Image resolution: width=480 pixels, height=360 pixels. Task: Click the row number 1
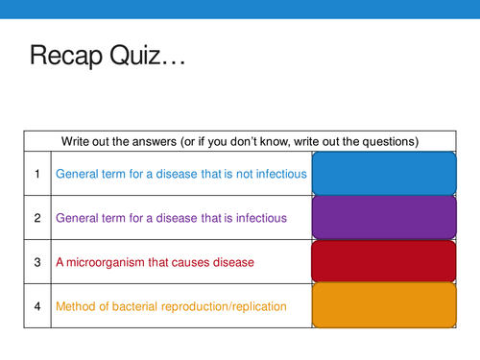[36, 174]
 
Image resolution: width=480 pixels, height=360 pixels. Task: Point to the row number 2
[36, 218]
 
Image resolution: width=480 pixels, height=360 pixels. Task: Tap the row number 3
[36, 262]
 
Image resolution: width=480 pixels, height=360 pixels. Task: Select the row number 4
[36, 306]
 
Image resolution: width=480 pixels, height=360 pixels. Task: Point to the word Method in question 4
[76, 306]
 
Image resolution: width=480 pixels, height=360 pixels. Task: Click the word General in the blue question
[79, 174]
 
